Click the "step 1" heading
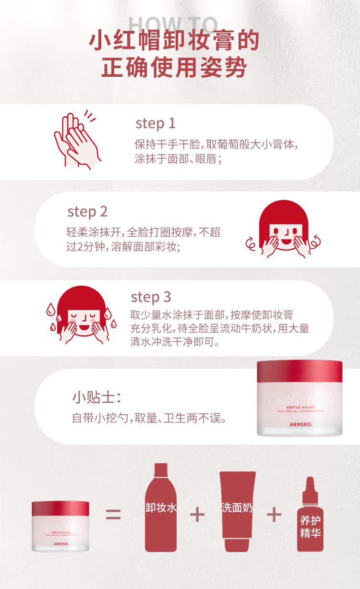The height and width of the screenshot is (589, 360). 156,123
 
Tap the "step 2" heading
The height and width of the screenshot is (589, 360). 87,212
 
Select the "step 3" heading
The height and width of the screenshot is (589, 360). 151,297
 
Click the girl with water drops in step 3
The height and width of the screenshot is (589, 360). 82,314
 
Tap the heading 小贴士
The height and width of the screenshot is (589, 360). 96,397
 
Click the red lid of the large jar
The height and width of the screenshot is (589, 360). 300,372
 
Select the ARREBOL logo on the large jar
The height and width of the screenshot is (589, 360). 301,425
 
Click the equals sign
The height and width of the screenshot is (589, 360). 113,514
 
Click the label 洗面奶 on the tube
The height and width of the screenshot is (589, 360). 237,508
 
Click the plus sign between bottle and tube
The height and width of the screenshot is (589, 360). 197,515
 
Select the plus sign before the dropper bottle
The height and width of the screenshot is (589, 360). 274,515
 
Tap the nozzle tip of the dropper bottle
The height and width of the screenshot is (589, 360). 310,479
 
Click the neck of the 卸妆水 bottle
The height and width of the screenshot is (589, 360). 161,470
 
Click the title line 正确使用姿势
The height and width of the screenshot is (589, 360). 174,67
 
